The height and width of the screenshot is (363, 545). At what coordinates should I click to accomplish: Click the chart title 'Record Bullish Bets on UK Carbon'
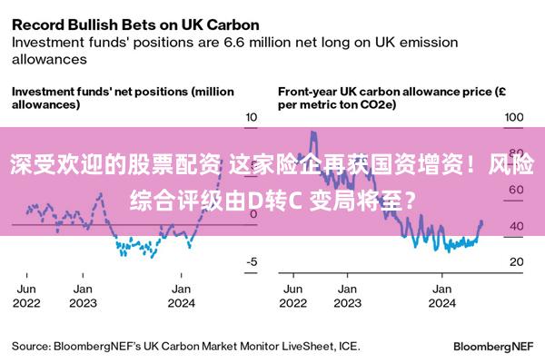coord(134,22)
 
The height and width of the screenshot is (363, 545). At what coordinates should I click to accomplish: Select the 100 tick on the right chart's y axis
coord(514,117)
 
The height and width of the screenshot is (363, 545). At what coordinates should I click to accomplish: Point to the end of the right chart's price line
coord(481,223)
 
